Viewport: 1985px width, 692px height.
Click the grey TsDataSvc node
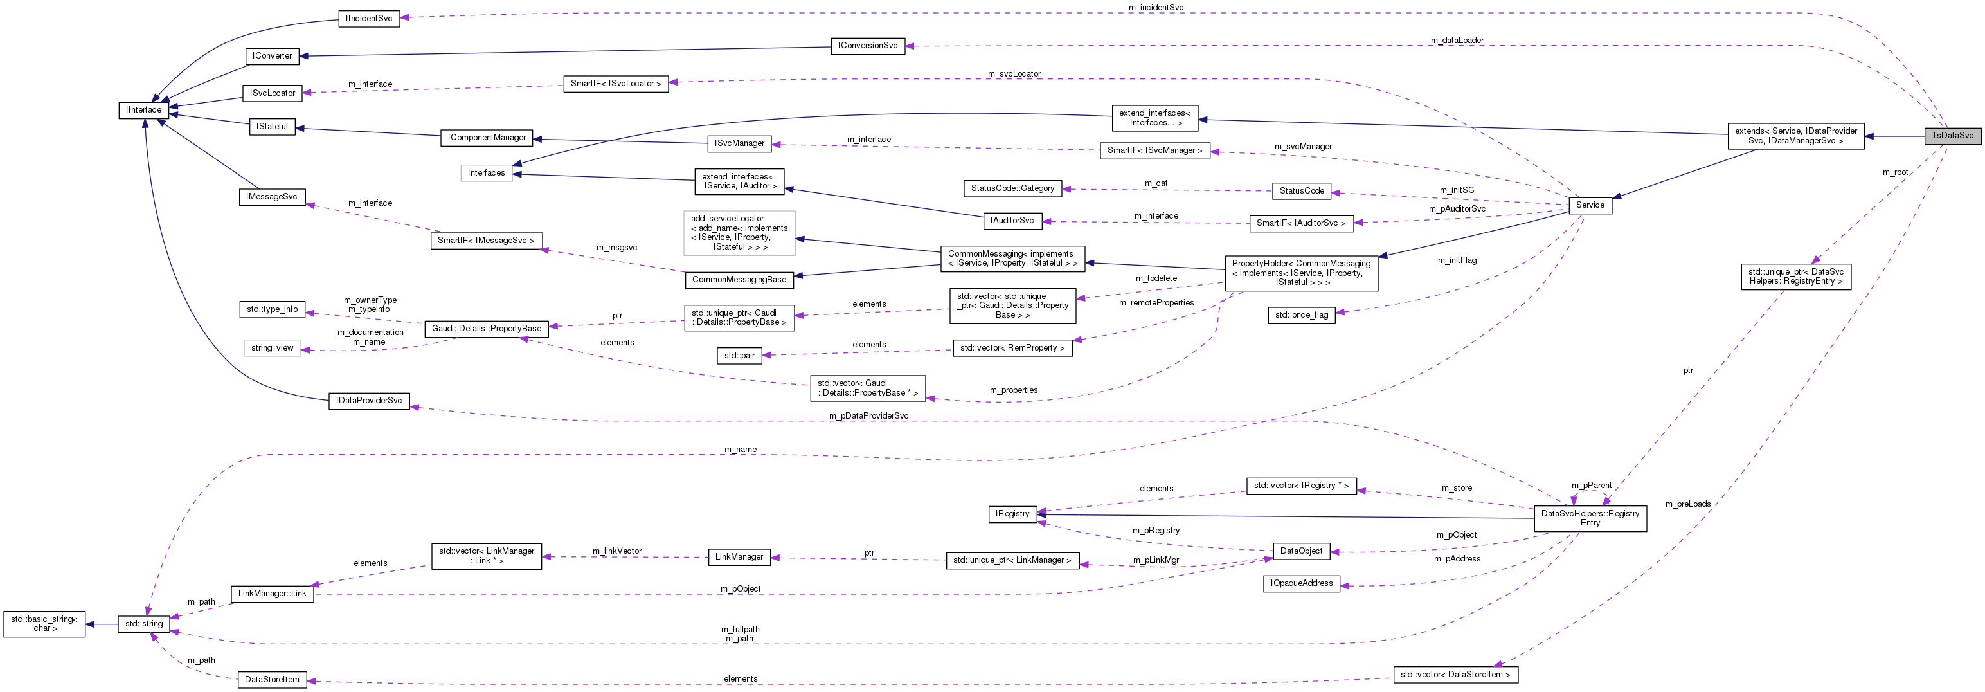pos(1952,136)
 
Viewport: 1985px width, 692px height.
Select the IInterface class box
pos(144,110)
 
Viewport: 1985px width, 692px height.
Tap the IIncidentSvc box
pos(369,19)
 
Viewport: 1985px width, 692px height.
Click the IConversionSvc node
pos(868,46)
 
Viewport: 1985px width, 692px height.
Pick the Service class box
pos(1590,205)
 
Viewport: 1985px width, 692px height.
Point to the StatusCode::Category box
pos(1012,188)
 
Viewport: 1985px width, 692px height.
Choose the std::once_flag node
pos(1302,314)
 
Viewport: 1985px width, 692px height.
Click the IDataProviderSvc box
pos(369,401)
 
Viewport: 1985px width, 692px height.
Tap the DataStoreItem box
pos(272,680)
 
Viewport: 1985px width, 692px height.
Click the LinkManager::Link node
pos(272,594)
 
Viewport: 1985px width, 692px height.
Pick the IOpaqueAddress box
pos(1302,583)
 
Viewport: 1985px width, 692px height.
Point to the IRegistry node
pos(1012,514)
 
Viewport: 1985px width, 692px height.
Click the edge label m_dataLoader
pos(1457,40)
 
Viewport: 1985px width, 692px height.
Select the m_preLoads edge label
pos(1687,504)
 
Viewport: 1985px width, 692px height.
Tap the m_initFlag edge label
pos(1457,260)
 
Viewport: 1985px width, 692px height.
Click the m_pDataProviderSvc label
pos(868,416)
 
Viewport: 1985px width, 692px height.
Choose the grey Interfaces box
pos(486,172)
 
